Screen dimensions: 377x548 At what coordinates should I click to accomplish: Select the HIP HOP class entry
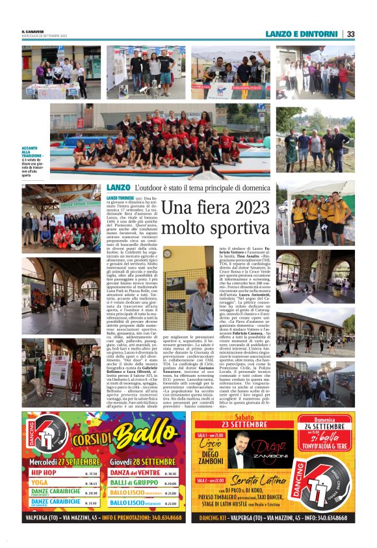tap(44, 473)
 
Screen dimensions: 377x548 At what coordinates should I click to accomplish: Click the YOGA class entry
tap(40, 483)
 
